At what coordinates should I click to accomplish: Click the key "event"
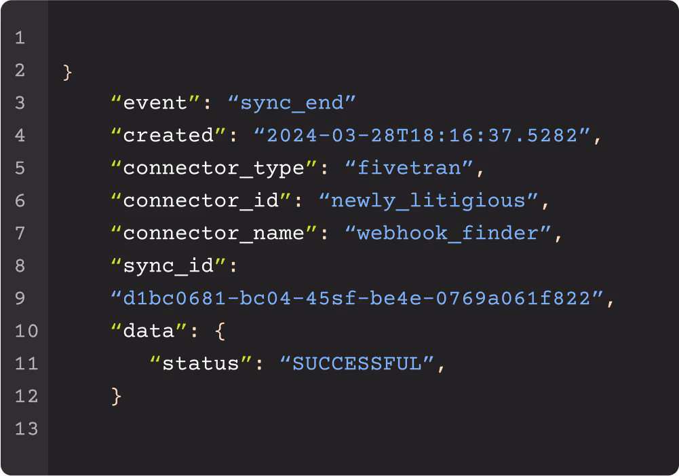tap(156, 103)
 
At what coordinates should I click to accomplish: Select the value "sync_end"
tap(292, 103)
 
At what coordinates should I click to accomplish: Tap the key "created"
tap(169, 135)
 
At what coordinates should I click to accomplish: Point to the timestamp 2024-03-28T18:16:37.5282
tap(422, 135)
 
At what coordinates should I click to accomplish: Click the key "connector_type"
tap(214, 168)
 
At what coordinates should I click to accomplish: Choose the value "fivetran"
tap(409, 168)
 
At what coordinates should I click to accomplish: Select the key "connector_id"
tap(201, 201)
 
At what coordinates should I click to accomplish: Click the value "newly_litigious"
tap(429, 201)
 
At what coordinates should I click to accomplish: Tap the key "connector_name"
tap(214, 233)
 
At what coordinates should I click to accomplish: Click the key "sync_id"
tap(169, 266)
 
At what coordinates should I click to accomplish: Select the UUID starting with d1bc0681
tap(357, 298)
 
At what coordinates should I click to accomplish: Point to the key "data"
tap(149, 331)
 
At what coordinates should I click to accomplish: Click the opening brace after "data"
tap(220, 331)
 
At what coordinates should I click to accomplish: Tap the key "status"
tap(201, 363)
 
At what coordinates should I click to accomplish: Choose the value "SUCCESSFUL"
tap(357, 363)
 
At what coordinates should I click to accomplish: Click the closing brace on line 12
tap(116, 397)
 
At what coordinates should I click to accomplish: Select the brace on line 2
tap(67, 71)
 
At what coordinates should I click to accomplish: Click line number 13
tap(26, 428)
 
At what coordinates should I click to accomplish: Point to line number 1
tap(20, 38)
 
